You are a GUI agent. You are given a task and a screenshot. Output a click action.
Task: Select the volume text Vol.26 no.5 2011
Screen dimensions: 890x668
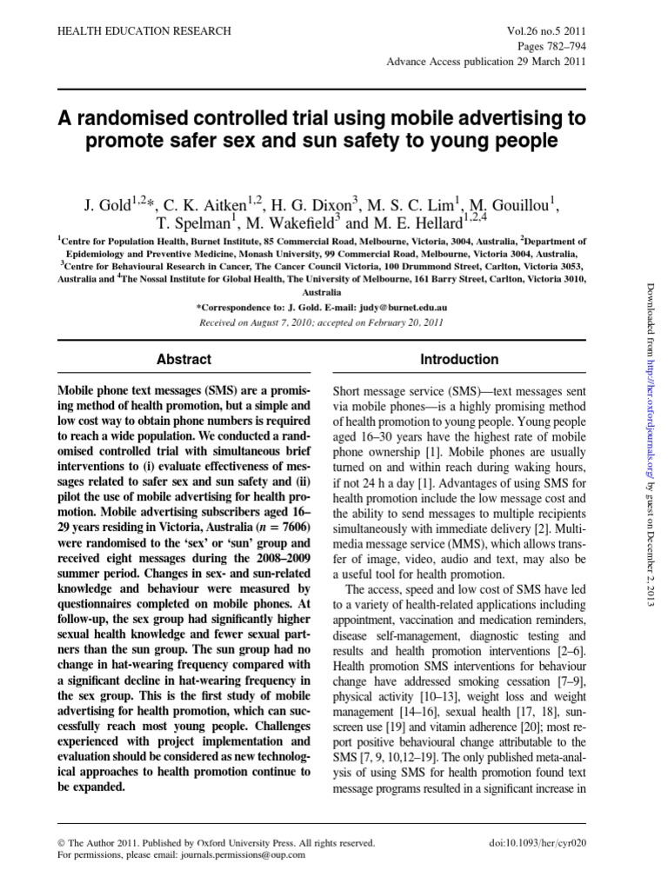[544, 31]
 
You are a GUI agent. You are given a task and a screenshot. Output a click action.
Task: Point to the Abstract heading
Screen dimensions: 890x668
[183, 359]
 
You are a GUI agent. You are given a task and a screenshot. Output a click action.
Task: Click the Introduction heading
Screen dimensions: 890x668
[459, 359]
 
